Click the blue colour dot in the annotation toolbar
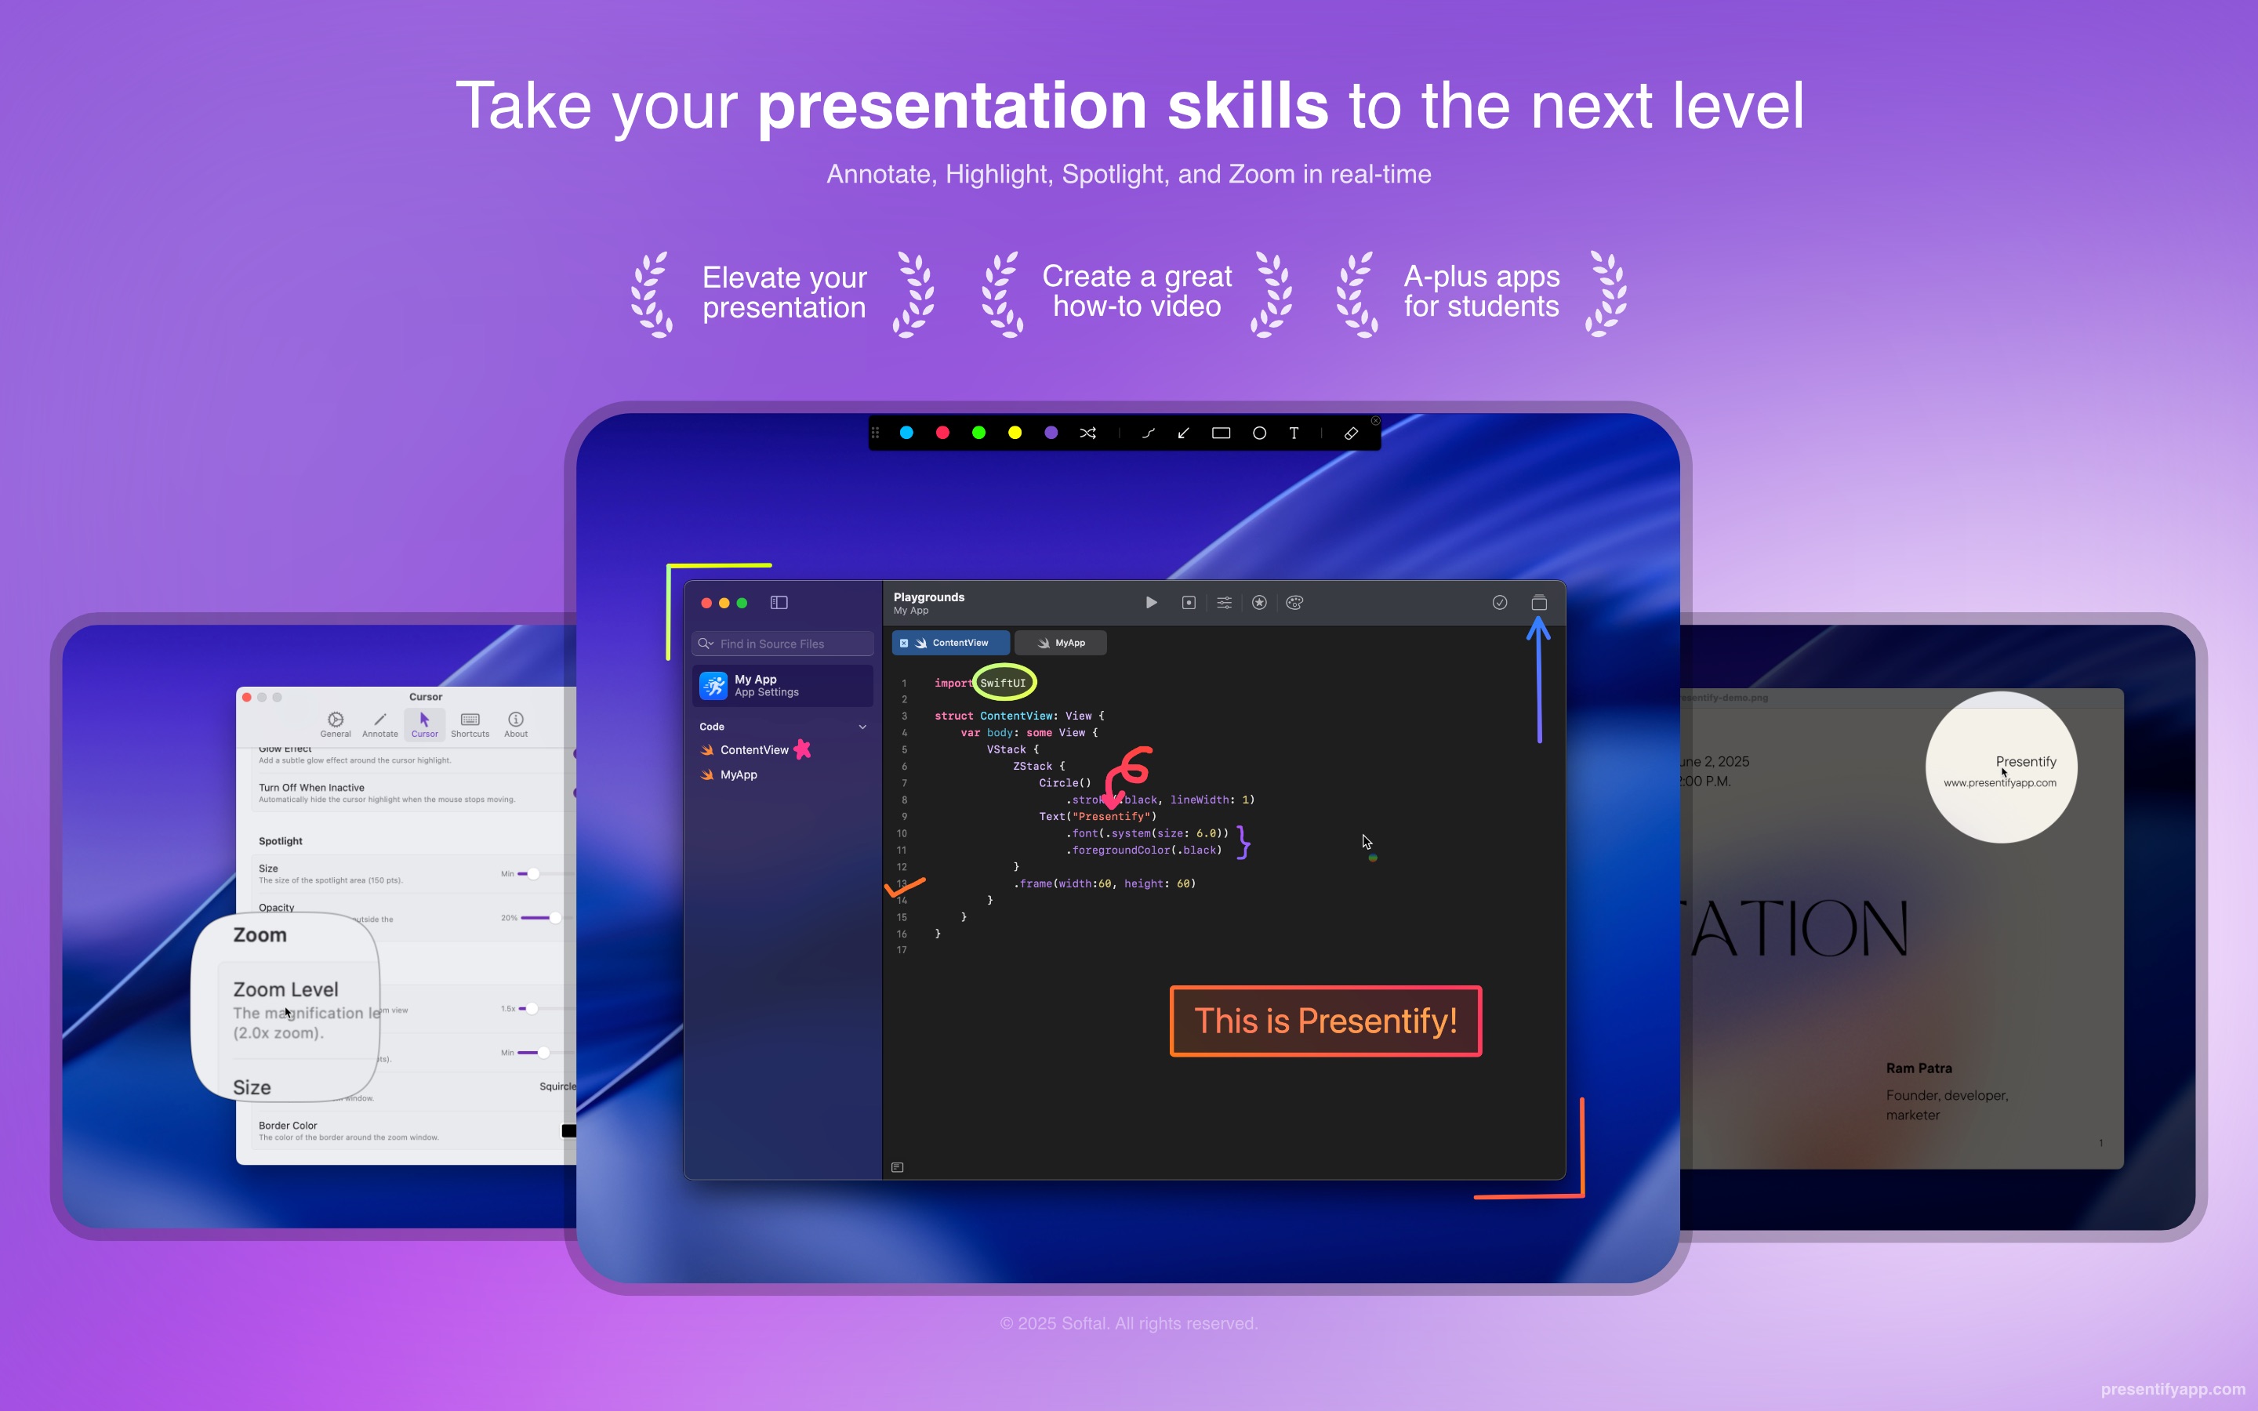(x=906, y=433)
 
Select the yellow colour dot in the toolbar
(x=1015, y=433)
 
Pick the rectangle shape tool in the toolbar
(x=1221, y=433)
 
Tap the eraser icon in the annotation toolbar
(x=1350, y=433)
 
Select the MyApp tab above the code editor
(x=1061, y=643)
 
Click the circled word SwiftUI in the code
(x=1003, y=683)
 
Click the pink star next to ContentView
(x=802, y=749)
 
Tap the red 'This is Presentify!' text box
(x=1325, y=1021)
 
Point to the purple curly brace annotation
(x=1243, y=841)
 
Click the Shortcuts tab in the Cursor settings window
(x=470, y=724)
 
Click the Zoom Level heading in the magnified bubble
(x=285, y=989)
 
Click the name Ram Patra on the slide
(x=1919, y=1068)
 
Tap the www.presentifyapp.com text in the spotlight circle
(x=1999, y=783)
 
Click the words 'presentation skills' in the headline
(x=1042, y=106)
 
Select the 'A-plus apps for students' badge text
(x=1481, y=291)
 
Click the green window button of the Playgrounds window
(x=742, y=603)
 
